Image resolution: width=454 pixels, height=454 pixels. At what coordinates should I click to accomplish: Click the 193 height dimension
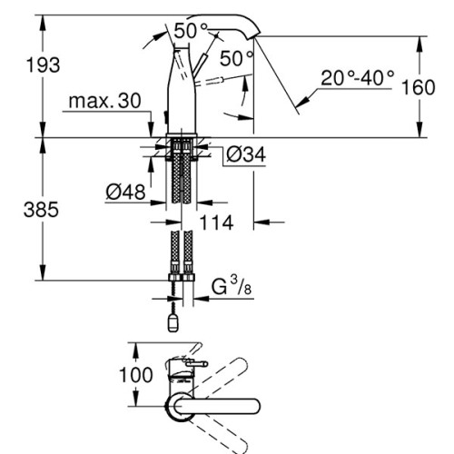(43, 65)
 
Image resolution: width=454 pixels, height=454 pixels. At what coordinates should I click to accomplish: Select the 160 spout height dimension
(418, 87)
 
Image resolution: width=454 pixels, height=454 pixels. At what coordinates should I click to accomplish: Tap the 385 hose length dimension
(41, 210)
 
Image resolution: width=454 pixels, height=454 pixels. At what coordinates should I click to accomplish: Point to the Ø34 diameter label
(246, 154)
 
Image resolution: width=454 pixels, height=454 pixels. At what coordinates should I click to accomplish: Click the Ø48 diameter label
(125, 192)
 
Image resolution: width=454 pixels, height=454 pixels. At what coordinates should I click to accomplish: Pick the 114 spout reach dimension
(216, 222)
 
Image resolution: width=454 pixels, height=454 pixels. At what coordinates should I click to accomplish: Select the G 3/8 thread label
(232, 287)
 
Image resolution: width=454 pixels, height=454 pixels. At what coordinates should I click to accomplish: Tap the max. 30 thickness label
(104, 101)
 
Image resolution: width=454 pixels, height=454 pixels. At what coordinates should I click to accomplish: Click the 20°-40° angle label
(358, 78)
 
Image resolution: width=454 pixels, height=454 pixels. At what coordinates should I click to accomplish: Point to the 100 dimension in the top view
(136, 375)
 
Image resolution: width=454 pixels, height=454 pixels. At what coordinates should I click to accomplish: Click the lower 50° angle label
(236, 58)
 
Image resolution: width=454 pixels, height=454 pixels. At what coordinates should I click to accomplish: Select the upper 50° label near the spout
(191, 31)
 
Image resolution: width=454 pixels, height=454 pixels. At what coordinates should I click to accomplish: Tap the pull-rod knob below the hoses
(173, 322)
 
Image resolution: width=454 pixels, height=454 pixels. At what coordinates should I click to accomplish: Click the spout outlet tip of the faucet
(255, 36)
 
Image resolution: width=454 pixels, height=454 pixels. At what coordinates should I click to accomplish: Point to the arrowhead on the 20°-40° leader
(303, 102)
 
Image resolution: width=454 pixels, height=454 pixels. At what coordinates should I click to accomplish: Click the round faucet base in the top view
(179, 406)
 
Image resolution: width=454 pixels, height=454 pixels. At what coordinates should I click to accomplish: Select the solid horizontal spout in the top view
(217, 406)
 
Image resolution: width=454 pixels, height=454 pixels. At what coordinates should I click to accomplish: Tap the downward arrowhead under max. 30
(151, 129)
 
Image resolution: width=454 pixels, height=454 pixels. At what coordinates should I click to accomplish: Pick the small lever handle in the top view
(197, 363)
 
